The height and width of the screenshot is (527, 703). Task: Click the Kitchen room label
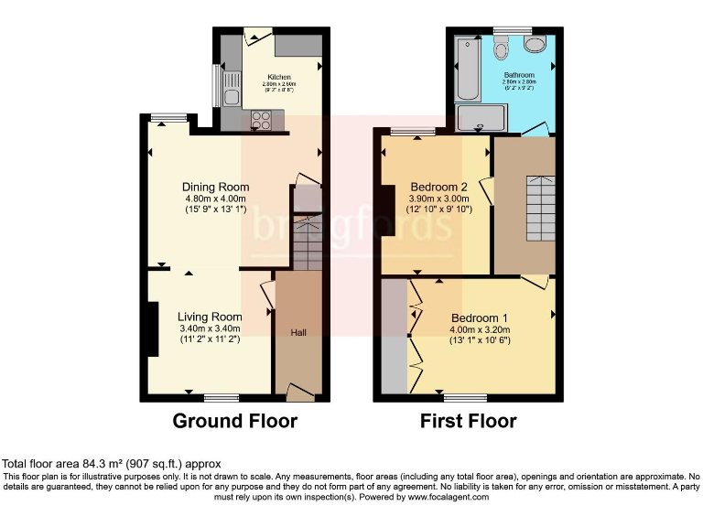coord(279,77)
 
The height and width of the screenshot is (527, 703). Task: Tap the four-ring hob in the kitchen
coord(260,119)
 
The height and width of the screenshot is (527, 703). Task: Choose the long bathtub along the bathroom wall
coord(467,70)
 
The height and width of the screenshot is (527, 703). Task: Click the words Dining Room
coord(215,187)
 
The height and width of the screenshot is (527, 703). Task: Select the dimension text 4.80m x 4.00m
coord(215,199)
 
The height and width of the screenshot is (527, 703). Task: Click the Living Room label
coord(210,317)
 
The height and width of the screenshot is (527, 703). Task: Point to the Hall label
coord(299,332)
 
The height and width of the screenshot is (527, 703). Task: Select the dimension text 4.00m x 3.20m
coord(479,329)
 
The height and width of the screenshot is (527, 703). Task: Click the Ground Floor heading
coord(235,422)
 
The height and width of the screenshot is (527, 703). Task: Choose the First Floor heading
coord(468,422)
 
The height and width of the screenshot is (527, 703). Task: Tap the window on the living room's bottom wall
coord(221,397)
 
